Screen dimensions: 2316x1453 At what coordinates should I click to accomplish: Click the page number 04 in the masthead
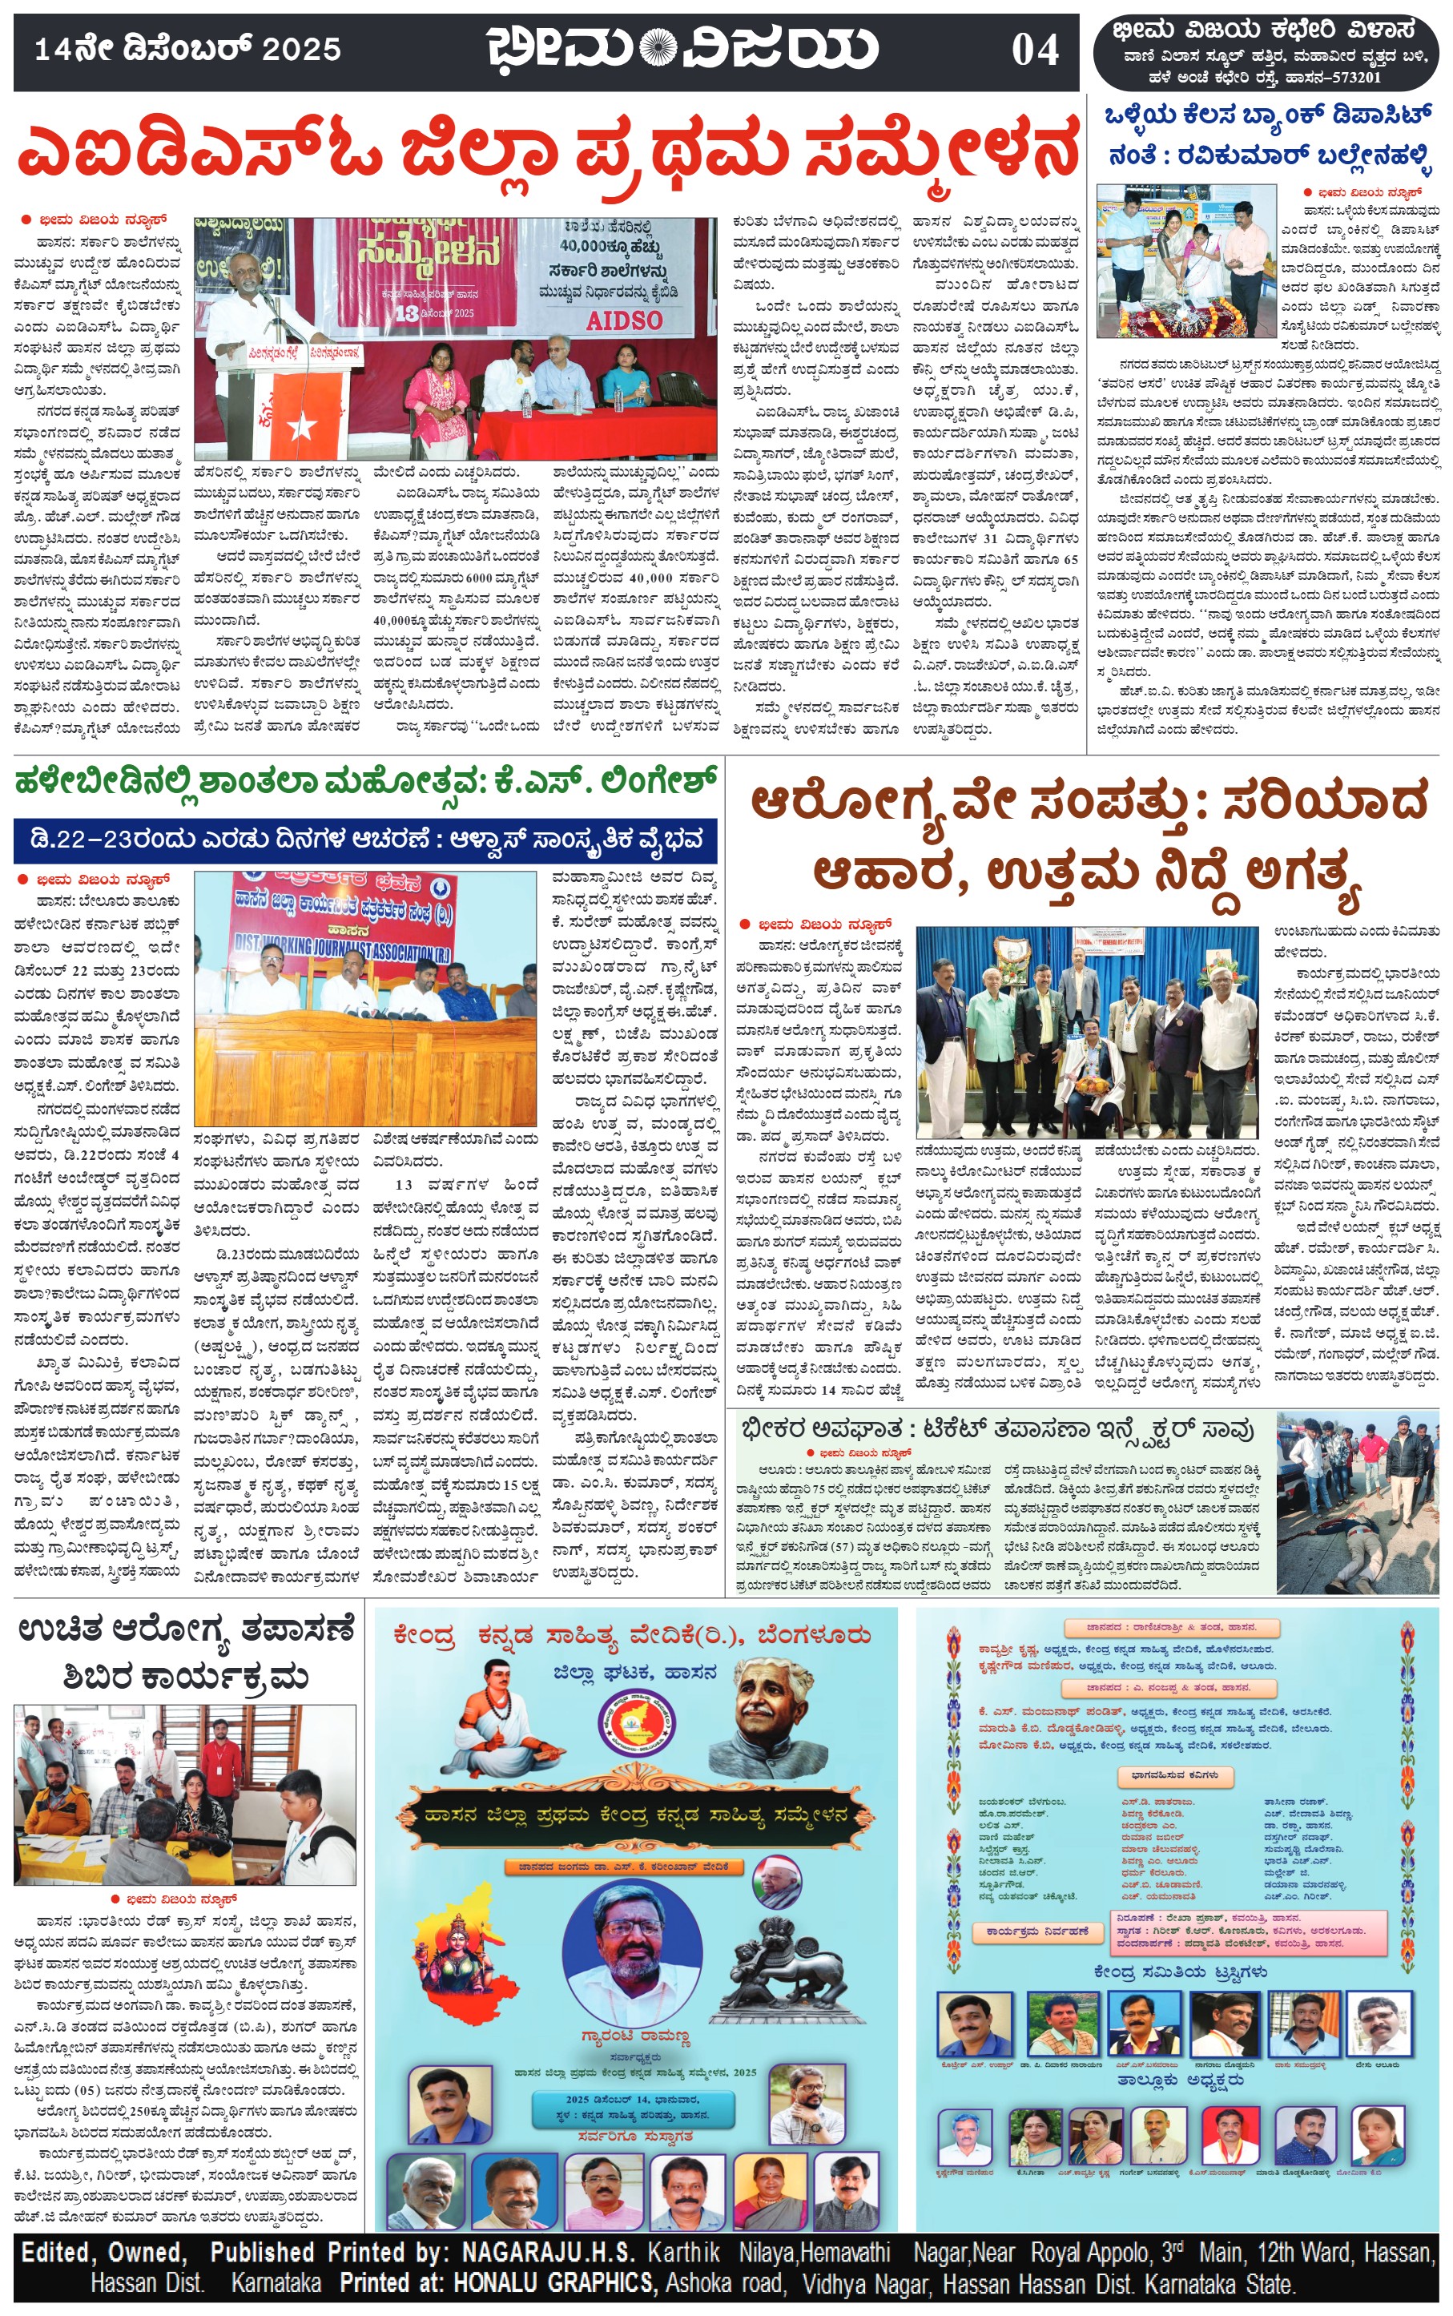pyautogui.click(x=1035, y=50)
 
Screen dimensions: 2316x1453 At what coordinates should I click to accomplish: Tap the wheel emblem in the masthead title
pyautogui.click(x=658, y=47)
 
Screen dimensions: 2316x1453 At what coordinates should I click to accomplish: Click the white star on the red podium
pyautogui.click(x=301, y=424)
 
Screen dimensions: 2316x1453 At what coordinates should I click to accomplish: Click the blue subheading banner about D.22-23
pyautogui.click(x=365, y=840)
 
